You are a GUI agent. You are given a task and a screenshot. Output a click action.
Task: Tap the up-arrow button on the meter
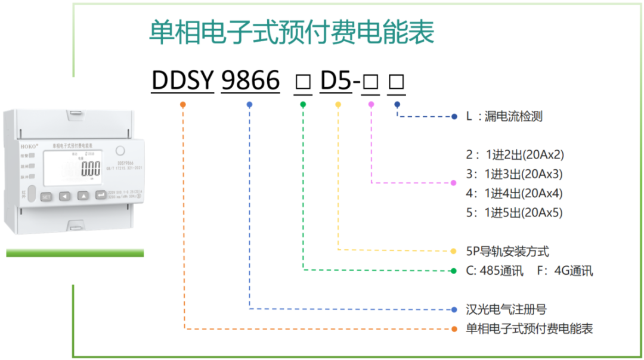(x=84, y=195)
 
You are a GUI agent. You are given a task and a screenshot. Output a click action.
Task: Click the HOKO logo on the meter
(x=29, y=145)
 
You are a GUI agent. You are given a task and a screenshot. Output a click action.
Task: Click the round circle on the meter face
(x=119, y=151)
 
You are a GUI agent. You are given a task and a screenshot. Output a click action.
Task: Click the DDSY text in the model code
(x=182, y=80)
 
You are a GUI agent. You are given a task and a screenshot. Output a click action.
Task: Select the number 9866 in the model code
(x=250, y=80)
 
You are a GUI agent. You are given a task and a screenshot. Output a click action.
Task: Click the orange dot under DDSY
(x=182, y=104)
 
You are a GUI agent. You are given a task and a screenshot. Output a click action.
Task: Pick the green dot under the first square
(x=303, y=104)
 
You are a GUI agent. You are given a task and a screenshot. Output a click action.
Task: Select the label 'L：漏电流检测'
(x=504, y=117)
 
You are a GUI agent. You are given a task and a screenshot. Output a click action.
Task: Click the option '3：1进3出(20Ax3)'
(x=515, y=175)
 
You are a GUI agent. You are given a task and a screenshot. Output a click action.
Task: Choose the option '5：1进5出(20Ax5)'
(x=515, y=213)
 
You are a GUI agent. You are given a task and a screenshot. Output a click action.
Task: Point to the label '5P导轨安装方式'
(x=507, y=252)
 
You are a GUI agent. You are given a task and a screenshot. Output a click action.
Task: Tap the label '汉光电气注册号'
(x=506, y=309)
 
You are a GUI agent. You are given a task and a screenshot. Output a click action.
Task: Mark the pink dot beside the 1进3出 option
(x=453, y=182)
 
